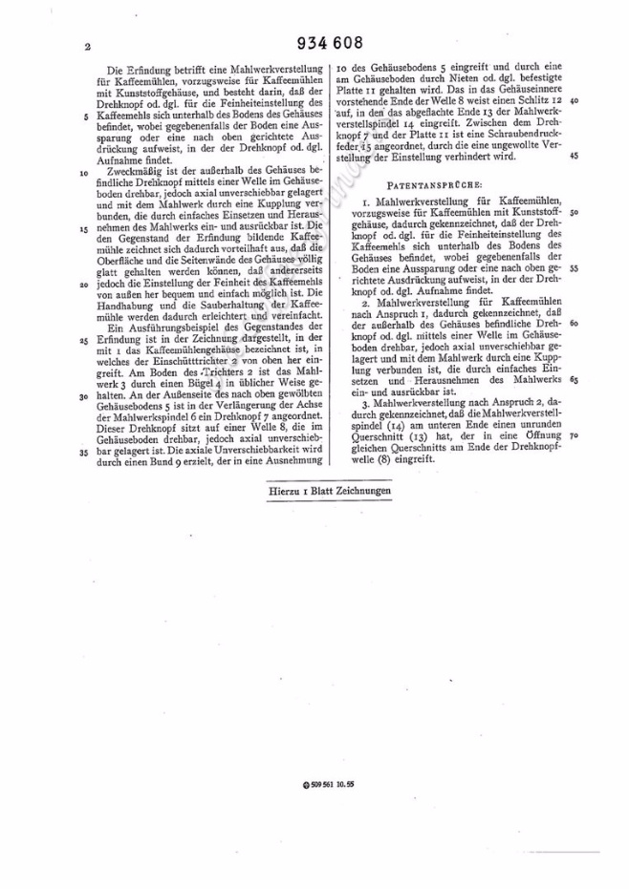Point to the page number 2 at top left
87,46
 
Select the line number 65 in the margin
571,379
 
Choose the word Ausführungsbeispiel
163,328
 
